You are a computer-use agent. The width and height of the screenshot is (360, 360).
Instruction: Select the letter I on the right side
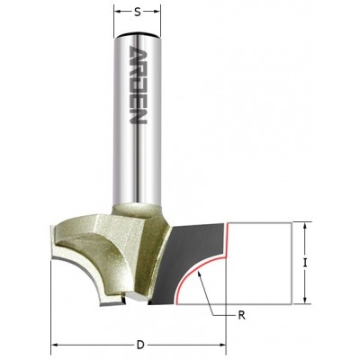coord(307,264)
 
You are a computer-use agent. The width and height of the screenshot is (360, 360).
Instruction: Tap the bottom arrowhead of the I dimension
coord(307,301)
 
